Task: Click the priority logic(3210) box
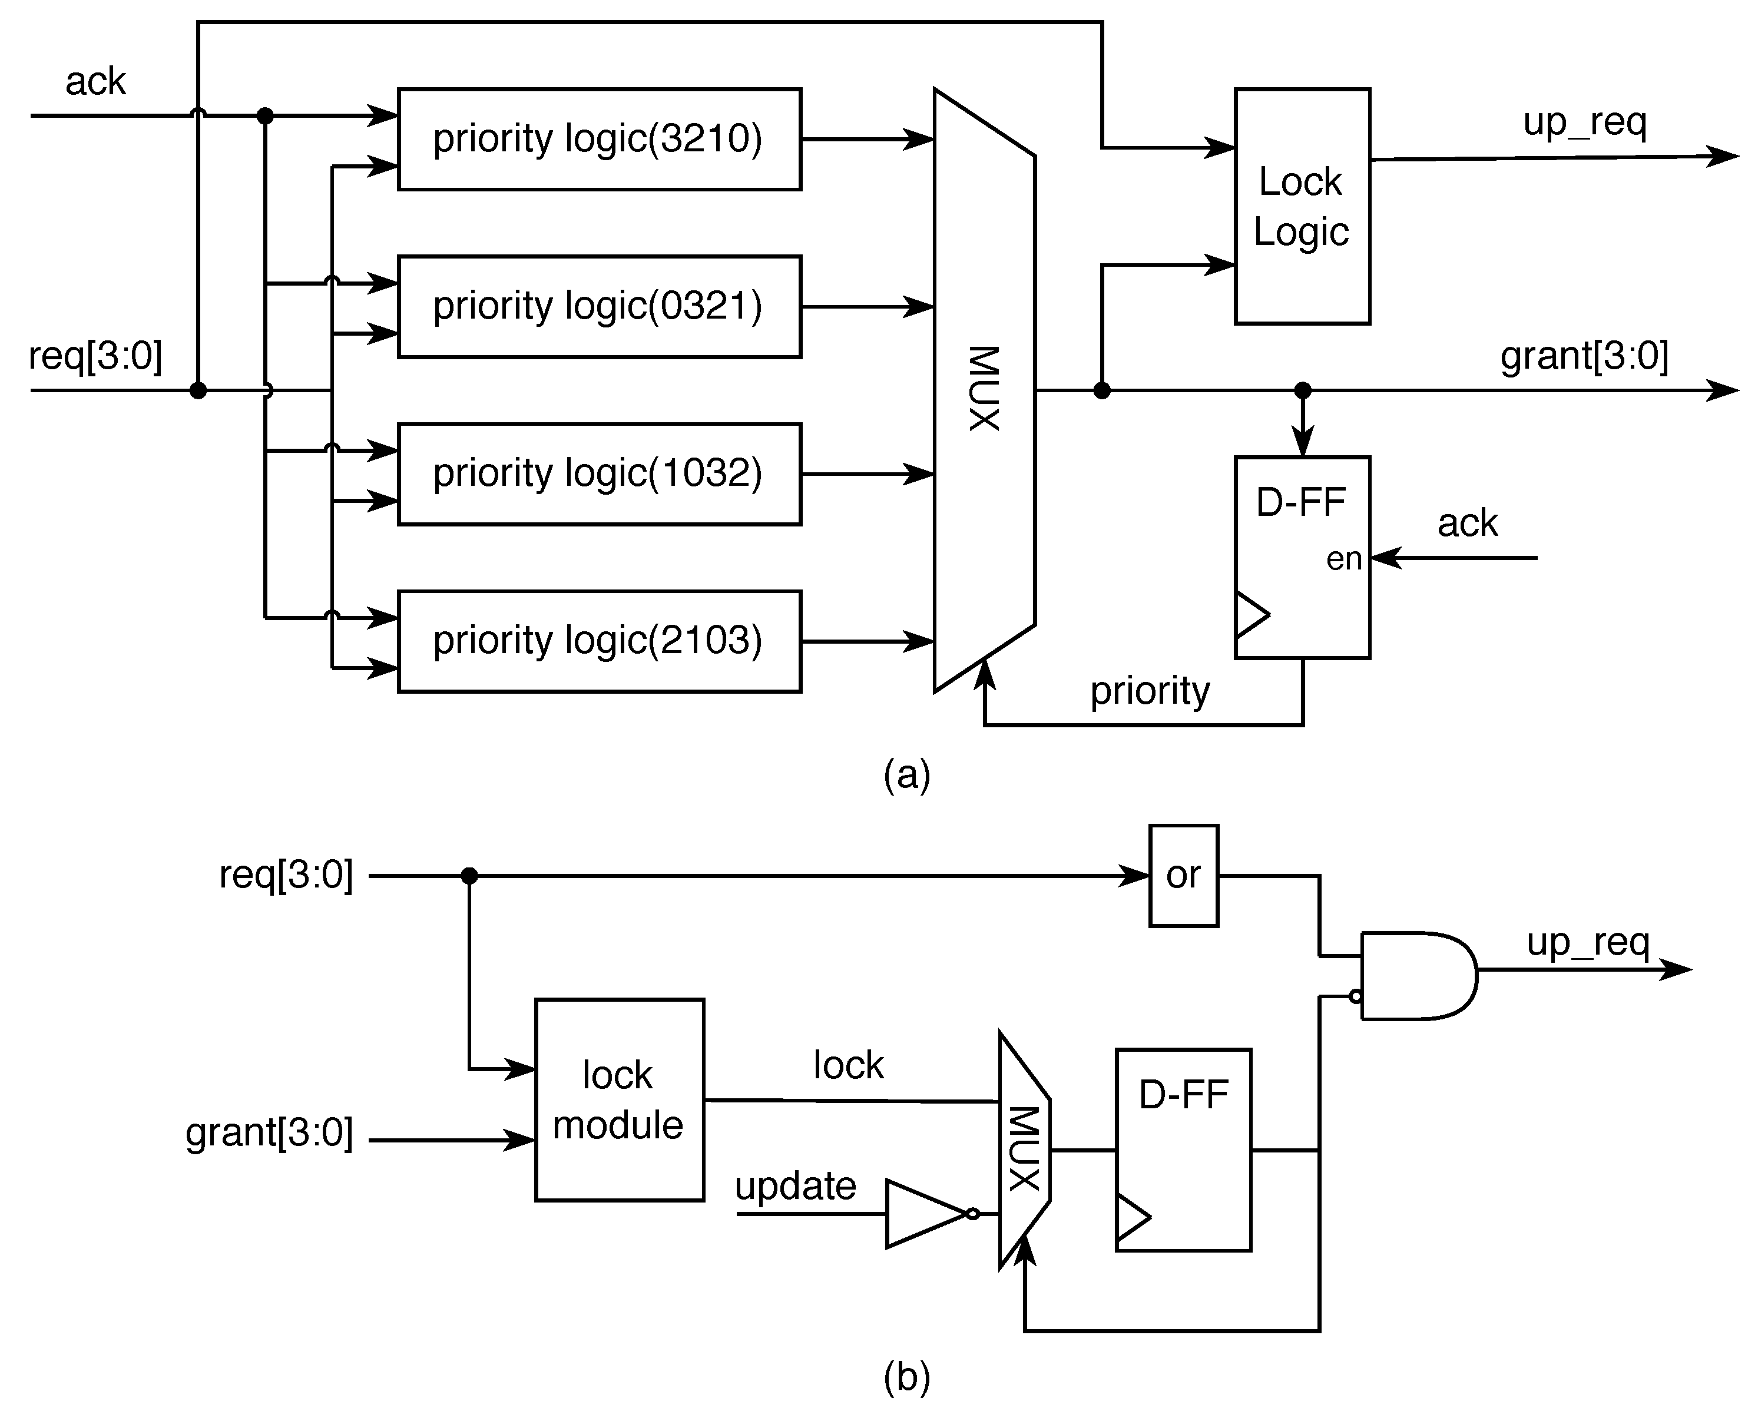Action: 598,139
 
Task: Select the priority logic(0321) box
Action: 598,307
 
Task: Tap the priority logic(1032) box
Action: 598,474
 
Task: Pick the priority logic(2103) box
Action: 598,641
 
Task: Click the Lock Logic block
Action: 1302,206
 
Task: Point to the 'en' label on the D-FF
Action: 1343,559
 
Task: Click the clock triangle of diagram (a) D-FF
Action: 1250,614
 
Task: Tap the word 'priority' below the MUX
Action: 1149,691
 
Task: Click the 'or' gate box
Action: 1183,875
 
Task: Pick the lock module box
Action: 619,1099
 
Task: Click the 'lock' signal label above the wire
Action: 848,1065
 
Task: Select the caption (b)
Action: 906,1377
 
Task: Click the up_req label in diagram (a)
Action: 1584,122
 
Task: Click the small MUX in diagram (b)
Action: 1023,1150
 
